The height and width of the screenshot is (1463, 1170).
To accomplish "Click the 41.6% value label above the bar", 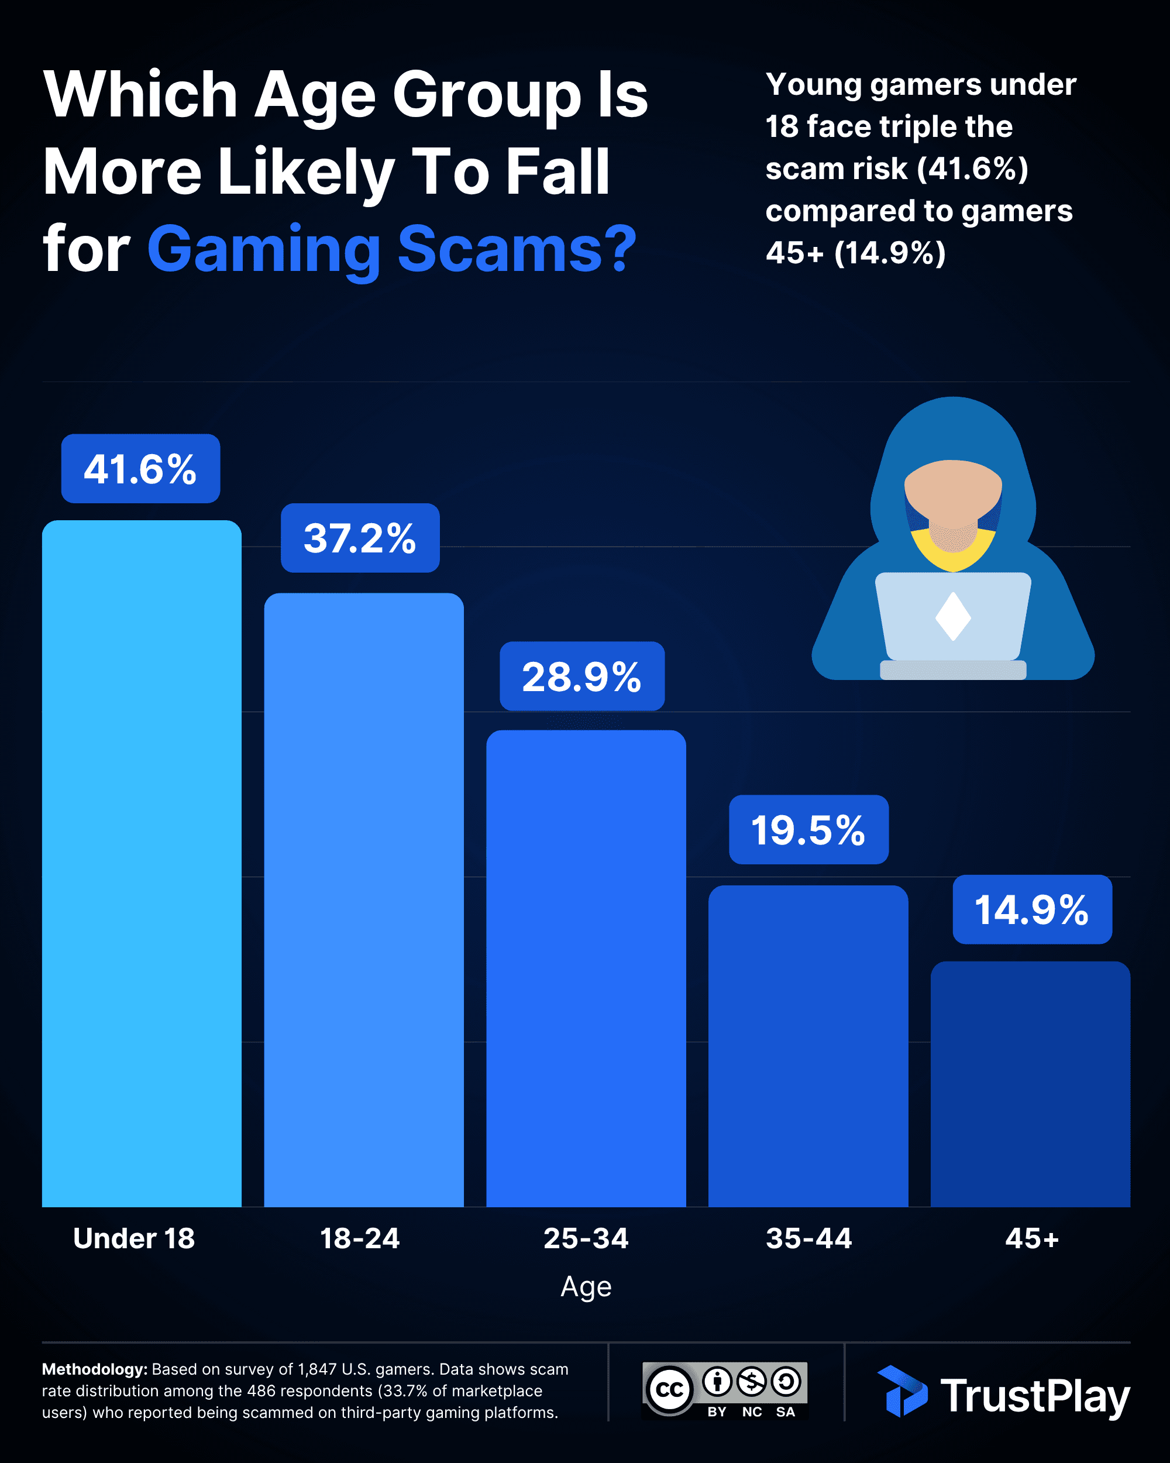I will tap(140, 469).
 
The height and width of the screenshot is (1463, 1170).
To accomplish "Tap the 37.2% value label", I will tap(360, 538).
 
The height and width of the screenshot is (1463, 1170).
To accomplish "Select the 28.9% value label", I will tap(582, 676).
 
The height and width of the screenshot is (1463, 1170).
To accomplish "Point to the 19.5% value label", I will tap(808, 830).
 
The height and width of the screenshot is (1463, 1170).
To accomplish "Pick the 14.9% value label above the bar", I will tap(1031, 910).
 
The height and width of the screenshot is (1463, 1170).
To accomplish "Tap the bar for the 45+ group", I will tap(1030, 1086).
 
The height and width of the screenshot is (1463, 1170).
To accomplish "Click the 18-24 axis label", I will tap(360, 1238).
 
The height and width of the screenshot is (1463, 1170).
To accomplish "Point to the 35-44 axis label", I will tap(808, 1238).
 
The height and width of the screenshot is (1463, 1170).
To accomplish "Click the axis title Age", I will tap(586, 1287).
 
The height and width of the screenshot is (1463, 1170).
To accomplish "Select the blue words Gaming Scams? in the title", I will tap(392, 249).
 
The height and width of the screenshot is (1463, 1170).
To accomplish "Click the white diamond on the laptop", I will tap(953, 616).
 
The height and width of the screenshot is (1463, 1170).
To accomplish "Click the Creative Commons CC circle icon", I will tap(669, 1389).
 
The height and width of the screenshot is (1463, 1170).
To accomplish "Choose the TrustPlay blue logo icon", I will tap(902, 1391).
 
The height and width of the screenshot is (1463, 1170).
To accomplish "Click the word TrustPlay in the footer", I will tap(1035, 1396).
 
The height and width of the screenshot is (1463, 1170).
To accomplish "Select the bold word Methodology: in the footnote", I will tap(94, 1369).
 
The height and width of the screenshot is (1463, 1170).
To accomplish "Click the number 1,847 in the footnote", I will tap(318, 1369).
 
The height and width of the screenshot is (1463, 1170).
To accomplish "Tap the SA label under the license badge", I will tap(786, 1412).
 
